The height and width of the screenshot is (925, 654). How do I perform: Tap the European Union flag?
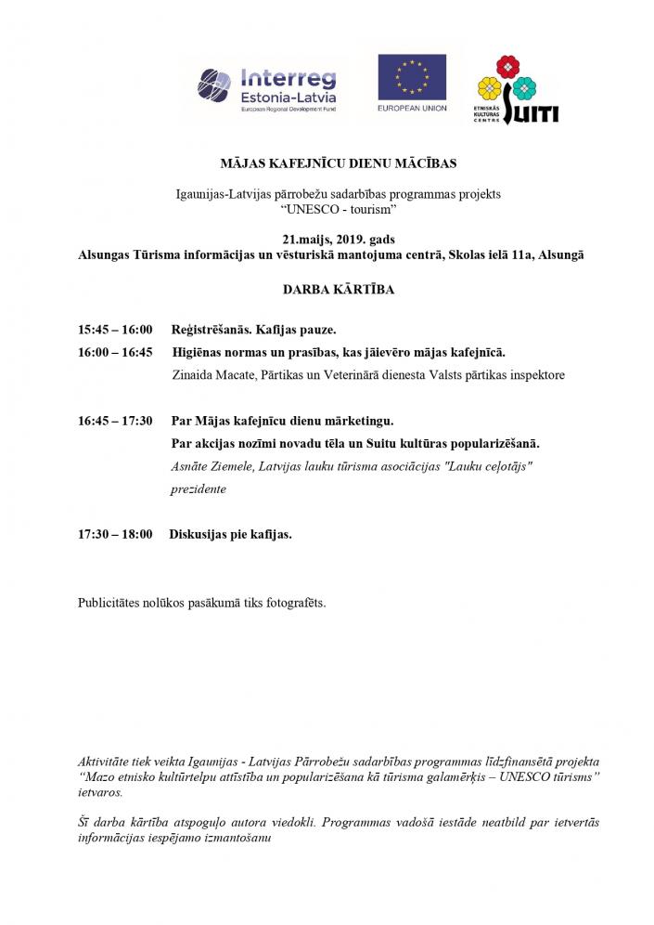tap(411, 78)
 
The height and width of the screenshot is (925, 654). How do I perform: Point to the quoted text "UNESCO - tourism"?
tap(332, 211)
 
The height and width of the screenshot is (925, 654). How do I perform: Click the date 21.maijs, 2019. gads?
tap(332, 239)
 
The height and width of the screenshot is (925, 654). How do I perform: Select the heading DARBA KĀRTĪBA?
tap(332, 289)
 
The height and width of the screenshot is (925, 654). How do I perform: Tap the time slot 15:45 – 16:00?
tap(115, 330)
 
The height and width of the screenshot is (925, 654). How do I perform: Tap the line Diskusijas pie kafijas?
tap(230, 535)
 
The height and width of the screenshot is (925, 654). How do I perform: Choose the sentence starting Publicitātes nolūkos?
tap(202, 603)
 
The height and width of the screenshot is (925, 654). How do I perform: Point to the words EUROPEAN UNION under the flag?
tap(411, 109)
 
